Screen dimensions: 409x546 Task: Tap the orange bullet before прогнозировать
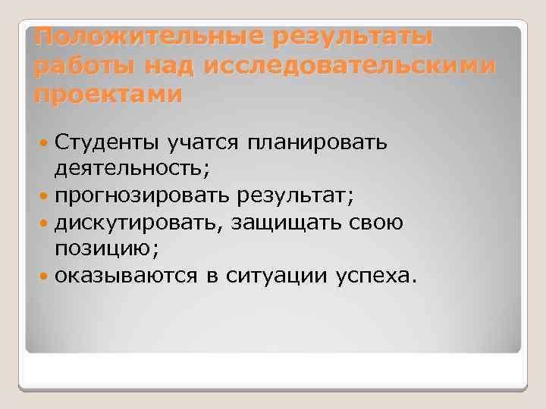coord(43,197)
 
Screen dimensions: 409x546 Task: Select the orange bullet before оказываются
coord(43,278)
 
